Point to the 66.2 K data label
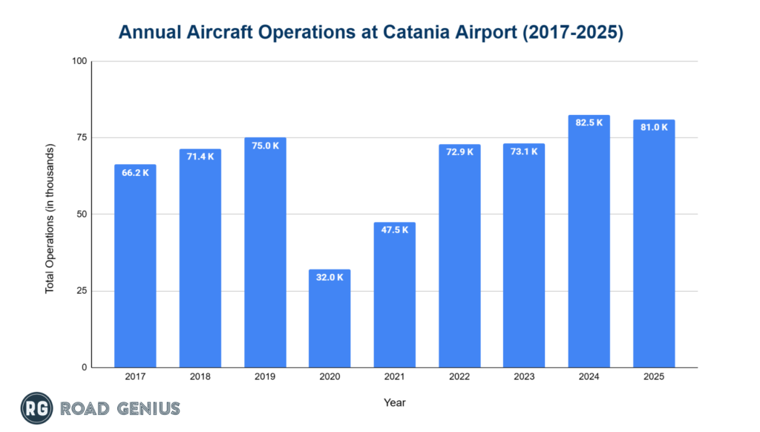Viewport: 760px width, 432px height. point(135,173)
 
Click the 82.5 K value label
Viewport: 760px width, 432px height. point(589,122)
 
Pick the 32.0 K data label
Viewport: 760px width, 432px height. point(330,278)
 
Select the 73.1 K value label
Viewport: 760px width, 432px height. point(524,151)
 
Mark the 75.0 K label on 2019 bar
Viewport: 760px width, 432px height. point(265,145)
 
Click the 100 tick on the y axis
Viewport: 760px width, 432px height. point(79,61)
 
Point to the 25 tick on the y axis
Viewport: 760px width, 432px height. point(82,291)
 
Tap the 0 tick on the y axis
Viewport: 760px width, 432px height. point(84,367)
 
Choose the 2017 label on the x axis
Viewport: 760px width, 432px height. point(135,377)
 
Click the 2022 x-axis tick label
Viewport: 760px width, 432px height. point(459,377)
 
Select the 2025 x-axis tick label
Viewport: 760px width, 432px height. point(654,377)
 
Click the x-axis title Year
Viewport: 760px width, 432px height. point(394,403)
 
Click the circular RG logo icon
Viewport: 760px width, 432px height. point(35,408)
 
